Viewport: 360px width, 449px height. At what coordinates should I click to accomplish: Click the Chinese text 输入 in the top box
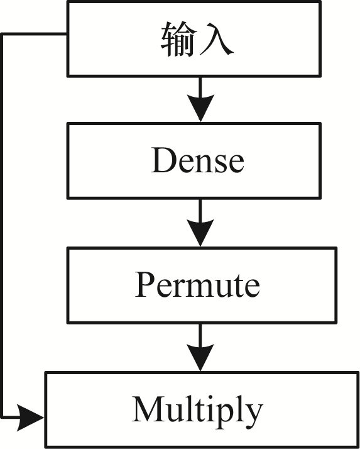click(197, 39)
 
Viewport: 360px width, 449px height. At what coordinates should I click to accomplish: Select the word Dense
click(197, 160)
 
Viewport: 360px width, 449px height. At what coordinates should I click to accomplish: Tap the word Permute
click(197, 285)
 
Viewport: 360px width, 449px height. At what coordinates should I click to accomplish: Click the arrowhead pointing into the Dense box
click(200, 107)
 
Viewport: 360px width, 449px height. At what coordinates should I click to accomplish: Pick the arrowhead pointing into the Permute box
click(200, 232)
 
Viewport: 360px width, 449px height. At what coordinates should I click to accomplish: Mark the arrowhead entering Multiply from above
click(200, 357)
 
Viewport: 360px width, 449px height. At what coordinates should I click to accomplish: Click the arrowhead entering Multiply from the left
click(30, 418)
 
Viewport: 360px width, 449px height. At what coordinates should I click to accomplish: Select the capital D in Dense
click(162, 160)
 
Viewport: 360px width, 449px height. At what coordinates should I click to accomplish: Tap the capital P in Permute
click(145, 284)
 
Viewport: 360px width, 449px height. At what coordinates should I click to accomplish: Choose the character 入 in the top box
click(217, 39)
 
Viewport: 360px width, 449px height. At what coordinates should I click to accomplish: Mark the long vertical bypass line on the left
click(3, 226)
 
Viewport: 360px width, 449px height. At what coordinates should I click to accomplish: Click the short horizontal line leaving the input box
click(35, 35)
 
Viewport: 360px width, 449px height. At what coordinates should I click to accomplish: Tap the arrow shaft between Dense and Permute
click(200, 209)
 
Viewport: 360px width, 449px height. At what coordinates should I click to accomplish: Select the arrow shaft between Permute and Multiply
click(200, 334)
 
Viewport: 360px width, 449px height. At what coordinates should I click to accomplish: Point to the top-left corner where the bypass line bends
click(3, 35)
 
